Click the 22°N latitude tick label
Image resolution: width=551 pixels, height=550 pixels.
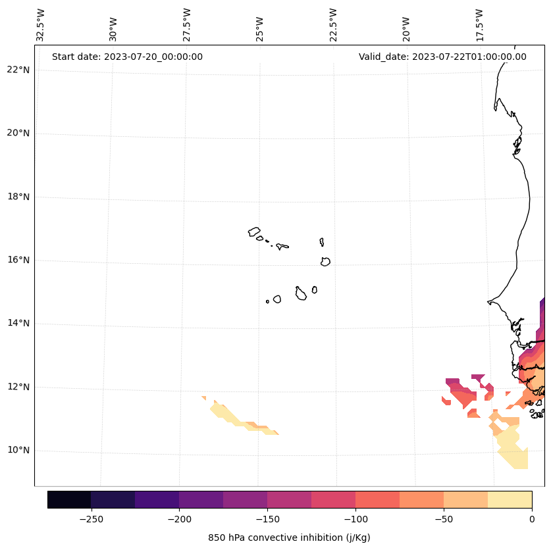(18, 70)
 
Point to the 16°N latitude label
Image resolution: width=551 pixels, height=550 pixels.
(18, 261)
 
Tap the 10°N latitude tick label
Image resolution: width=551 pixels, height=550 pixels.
(18, 451)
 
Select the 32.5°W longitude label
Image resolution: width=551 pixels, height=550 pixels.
(41, 25)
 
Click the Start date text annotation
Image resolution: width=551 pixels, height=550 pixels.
(127, 57)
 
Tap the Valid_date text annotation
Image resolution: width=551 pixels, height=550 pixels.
(442, 57)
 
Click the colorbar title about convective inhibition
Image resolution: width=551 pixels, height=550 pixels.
(289, 537)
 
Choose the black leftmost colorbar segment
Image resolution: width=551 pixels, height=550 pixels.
(69, 499)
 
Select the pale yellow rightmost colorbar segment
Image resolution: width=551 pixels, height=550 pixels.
(510, 499)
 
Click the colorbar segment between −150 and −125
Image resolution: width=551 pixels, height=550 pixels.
(289, 499)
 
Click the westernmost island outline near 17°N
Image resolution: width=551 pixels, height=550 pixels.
(254, 232)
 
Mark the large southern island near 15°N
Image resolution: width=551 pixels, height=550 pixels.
(301, 294)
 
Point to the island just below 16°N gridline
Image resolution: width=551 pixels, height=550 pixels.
(325, 261)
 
